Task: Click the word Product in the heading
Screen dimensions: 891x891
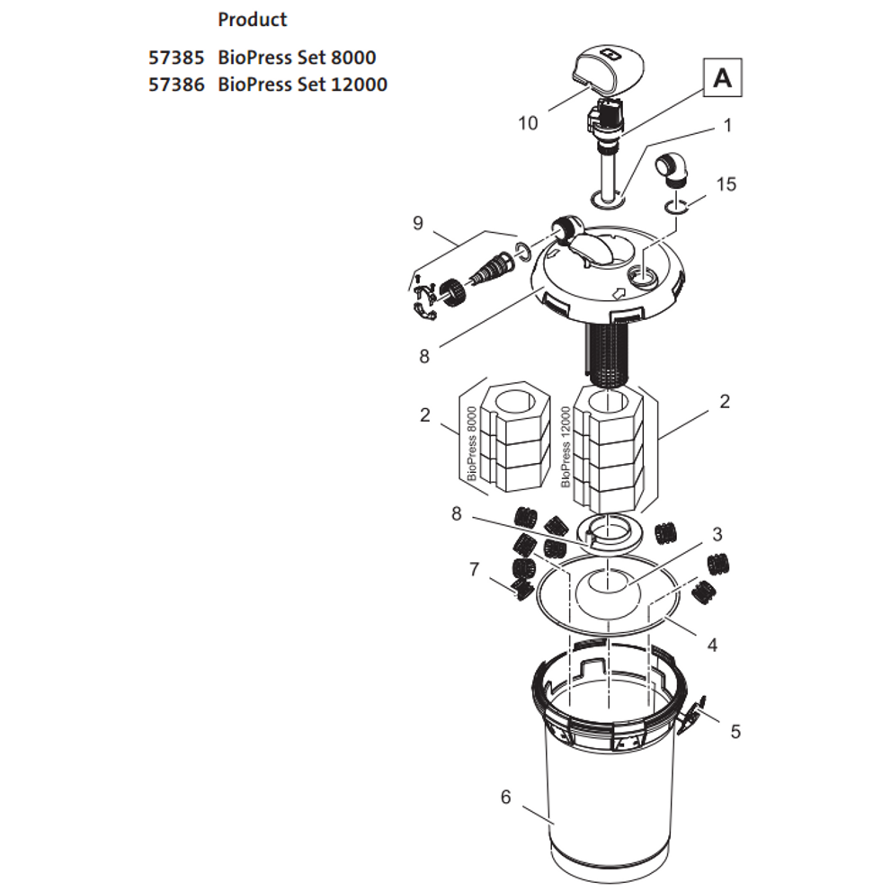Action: [x=252, y=20]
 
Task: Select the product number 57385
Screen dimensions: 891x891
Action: [x=176, y=58]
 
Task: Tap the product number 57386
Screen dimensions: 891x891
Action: [x=176, y=85]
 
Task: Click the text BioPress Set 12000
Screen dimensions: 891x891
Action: [x=302, y=85]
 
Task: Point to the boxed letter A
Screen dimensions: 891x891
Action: [x=722, y=79]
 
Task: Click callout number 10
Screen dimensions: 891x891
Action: [x=528, y=122]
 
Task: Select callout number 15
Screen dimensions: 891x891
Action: [x=726, y=183]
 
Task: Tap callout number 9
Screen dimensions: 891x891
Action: [x=417, y=222]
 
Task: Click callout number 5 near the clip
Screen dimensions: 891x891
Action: [x=735, y=731]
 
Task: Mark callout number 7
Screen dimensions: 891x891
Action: [x=474, y=568]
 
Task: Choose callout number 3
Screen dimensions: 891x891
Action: [x=717, y=534]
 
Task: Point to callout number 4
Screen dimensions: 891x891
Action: [x=712, y=644]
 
